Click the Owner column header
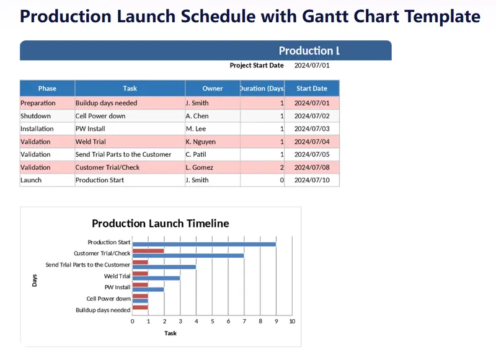pyautogui.click(x=213, y=89)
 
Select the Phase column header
pyautogui.click(x=47, y=89)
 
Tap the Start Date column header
pyautogui.click(x=312, y=89)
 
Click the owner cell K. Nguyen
pyautogui.click(x=200, y=142)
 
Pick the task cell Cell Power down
pyautogui.click(x=100, y=116)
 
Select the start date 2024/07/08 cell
pyautogui.click(x=312, y=167)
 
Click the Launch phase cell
pyautogui.click(x=31, y=180)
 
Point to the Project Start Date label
pyautogui.click(x=257, y=66)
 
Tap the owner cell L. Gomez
pyautogui.click(x=199, y=167)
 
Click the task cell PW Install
pyautogui.click(x=91, y=129)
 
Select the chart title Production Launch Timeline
pyautogui.click(x=161, y=224)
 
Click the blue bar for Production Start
pyautogui.click(x=205, y=244)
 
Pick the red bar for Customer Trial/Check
pyautogui.click(x=148, y=251)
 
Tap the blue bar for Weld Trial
pyautogui.click(x=156, y=278)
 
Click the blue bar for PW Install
pyautogui.click(x=148, y=289)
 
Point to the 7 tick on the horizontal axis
pyautogui.click(x=244, y=322)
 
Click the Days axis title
pyautogui.click(x=35, y=280)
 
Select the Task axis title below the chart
pyautogui.click(x=170, y=333)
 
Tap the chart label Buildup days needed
pyautogui.click(x=103, y=310)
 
